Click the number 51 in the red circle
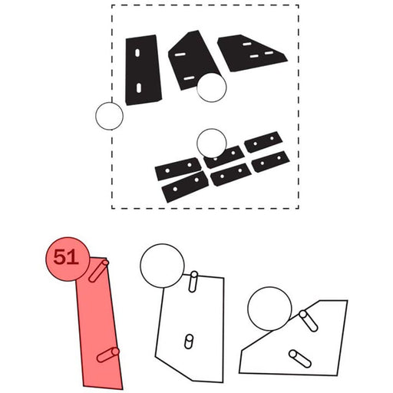[65, 257]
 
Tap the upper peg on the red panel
[99, 271]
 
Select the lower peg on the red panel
[108, 355]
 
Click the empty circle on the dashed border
[109, 116]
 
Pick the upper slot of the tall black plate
[137, 53]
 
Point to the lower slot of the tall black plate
[139, 88]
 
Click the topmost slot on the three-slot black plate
[246, 44]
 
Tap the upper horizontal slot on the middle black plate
[180, 54]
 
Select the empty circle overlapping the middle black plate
[212, 87]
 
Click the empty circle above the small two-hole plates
[212, 144]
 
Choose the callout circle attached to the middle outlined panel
[162, 266]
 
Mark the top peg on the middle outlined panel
[193, 282]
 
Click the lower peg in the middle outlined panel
[189, 342]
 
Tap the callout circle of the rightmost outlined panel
[269, 309]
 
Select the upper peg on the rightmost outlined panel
[309, 321]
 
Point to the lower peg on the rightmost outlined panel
[300, 358]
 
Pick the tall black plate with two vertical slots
[143, 70]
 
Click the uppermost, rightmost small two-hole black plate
[263, 142]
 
